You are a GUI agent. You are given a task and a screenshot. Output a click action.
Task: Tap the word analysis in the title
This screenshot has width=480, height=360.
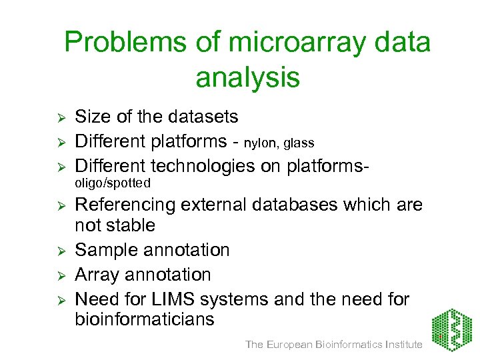tap(247, 78)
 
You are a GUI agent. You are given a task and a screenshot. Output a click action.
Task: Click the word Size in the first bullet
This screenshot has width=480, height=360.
tap(91, 117)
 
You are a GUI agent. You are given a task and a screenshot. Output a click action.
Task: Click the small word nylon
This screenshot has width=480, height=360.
tap(262, 143)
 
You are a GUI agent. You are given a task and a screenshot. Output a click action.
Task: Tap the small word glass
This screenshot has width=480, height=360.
tap(299, 143)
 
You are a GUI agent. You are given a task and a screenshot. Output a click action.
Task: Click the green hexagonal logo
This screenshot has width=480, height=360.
tap(451, 330)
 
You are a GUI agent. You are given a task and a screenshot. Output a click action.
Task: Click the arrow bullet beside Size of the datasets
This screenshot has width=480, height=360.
tap(59, 118)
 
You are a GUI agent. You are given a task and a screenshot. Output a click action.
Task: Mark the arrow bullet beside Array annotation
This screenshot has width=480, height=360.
tap(59, 275)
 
